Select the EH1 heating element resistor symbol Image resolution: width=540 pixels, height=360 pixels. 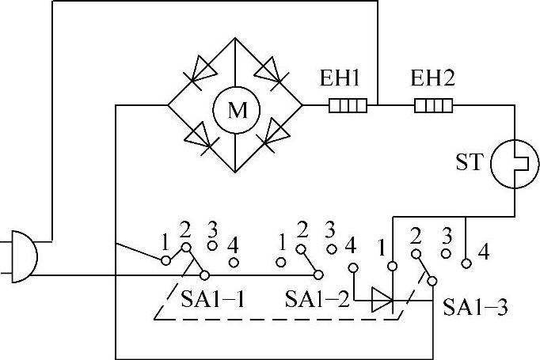[x=348, y=104]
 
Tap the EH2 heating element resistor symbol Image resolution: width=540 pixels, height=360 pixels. [x=434, y=104]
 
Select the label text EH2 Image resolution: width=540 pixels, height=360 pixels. [x=432, y=79]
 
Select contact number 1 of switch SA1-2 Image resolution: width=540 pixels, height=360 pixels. [x=280, y=261]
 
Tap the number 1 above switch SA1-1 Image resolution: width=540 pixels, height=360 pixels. [x=165, y=240]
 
